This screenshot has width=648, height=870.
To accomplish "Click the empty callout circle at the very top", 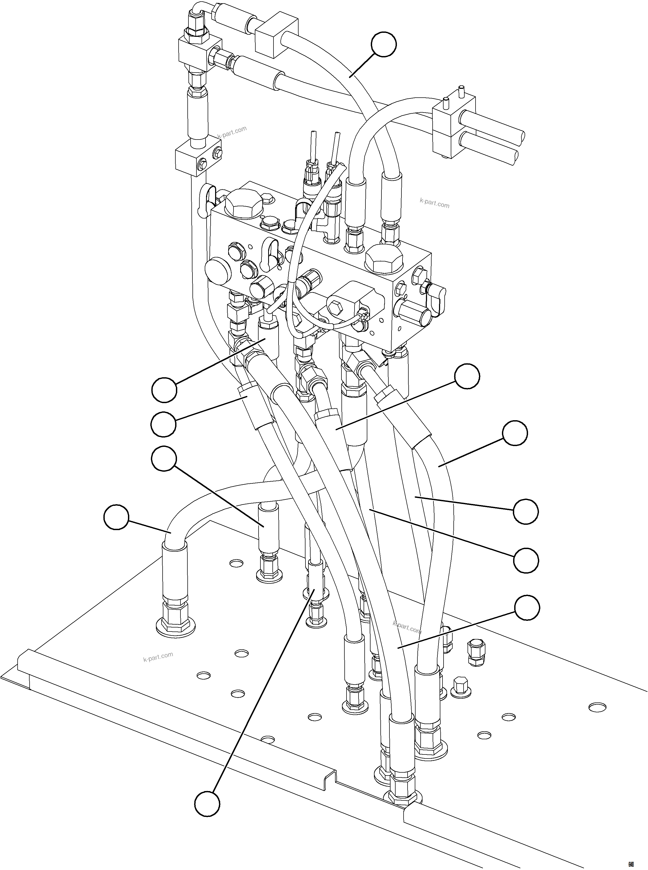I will click(384, 44).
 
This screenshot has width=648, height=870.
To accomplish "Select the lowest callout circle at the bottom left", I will click(207, 804).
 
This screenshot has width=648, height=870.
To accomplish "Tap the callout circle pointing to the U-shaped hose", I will click(116, 518).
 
